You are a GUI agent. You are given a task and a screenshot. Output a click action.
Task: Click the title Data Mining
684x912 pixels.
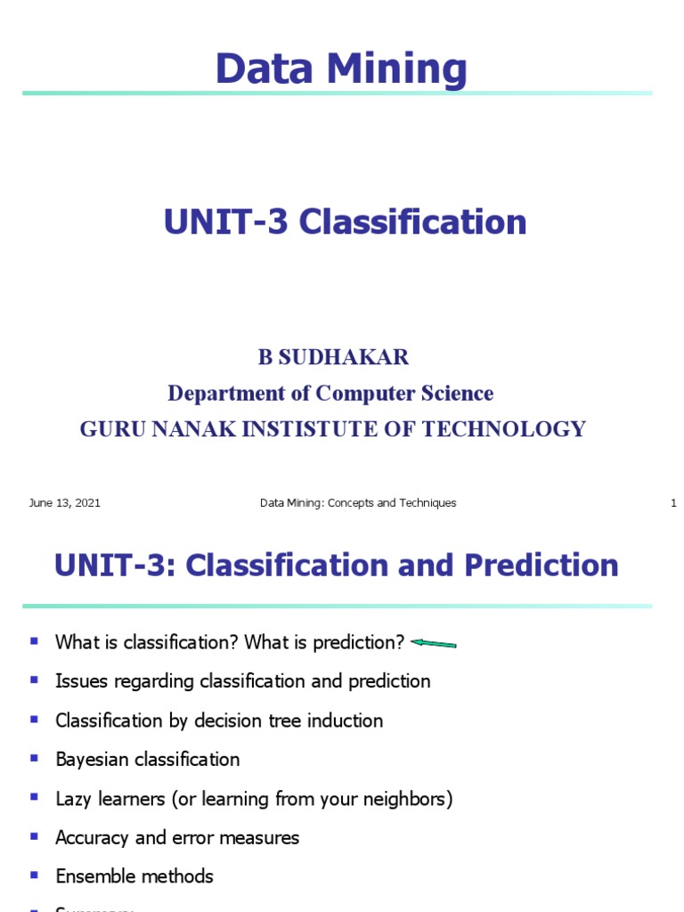click(x=341, y=69)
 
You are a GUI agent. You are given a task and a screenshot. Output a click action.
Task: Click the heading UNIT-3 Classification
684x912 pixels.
click(x=345, y=222)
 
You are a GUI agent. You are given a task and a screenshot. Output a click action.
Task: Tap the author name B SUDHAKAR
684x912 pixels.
click(x=333, y=358)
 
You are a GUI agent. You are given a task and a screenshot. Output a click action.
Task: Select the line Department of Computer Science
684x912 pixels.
click(x=330, y=393)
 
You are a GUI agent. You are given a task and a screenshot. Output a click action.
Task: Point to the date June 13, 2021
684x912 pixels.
click(x=64, y=503)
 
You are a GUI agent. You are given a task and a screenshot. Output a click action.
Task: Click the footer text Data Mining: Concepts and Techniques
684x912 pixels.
click(x=358, y=503)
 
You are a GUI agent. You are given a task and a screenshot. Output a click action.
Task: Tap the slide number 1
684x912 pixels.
click(x=673, y=503)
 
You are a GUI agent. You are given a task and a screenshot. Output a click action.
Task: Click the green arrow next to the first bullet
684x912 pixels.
click(x=435, y=643)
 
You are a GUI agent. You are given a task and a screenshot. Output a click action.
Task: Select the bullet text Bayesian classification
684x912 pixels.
click(x=147, y=760)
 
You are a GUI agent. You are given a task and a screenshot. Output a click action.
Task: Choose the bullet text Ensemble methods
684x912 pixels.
click(x=134, y=876)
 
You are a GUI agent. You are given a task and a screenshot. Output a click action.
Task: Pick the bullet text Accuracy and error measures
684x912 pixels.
click(x=177, y=837)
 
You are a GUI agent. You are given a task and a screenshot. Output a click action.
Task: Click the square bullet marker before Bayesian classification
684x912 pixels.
click(x=35, y=758)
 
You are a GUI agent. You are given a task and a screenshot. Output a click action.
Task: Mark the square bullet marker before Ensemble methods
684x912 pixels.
click(x=35, y=875)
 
